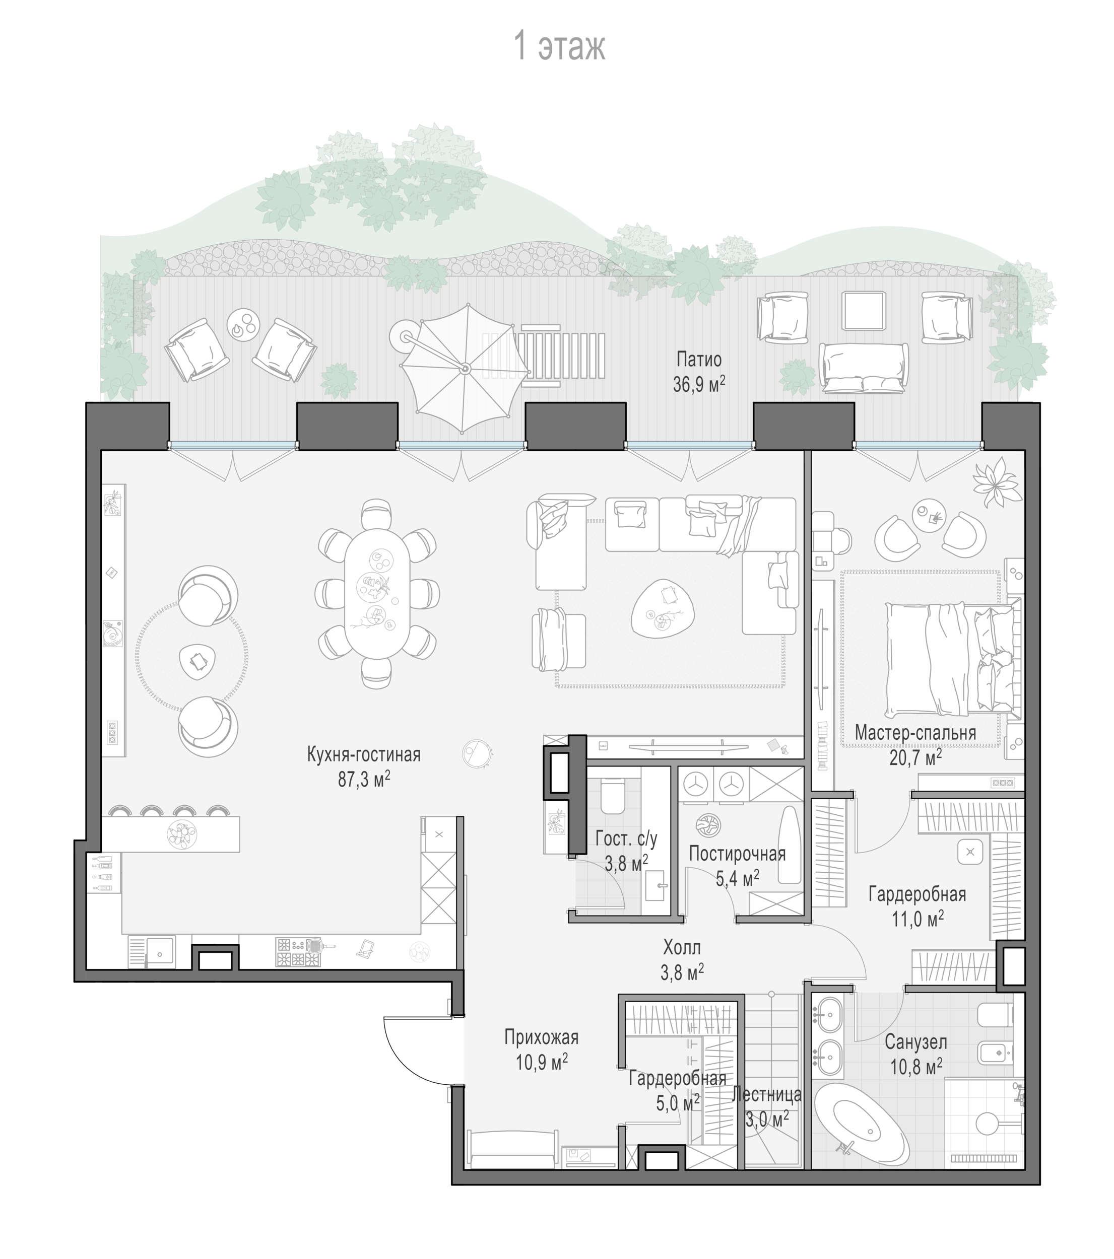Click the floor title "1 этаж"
559,46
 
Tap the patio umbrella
465,368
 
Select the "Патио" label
699,359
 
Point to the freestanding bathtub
862,1127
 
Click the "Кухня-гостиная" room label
364,754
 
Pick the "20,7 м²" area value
915,757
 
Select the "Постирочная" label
737,854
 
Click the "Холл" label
682,947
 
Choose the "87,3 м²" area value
364,779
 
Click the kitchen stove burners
298,953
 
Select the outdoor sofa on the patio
863,368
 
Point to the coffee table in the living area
663,608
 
